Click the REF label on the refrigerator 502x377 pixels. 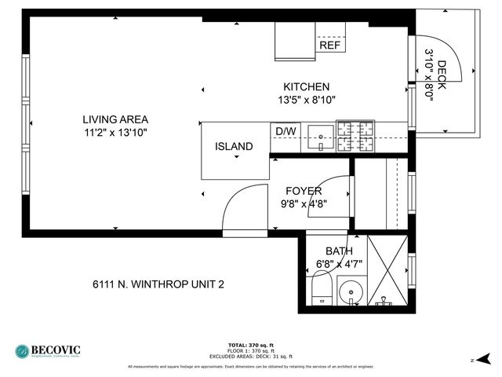330,46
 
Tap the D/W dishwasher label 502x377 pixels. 284,130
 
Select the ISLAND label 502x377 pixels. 234,146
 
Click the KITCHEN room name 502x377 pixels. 306,86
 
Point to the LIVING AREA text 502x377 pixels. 115,119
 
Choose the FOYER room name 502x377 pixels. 304,191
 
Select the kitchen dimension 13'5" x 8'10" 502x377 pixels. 306,100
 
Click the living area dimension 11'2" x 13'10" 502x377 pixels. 115,133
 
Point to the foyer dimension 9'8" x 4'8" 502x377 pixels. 304,203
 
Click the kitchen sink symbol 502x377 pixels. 320,137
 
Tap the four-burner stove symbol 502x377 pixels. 355,135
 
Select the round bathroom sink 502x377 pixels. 349,295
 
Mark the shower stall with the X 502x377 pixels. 387,270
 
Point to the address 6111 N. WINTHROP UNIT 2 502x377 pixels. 158,284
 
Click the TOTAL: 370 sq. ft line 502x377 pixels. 250,345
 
